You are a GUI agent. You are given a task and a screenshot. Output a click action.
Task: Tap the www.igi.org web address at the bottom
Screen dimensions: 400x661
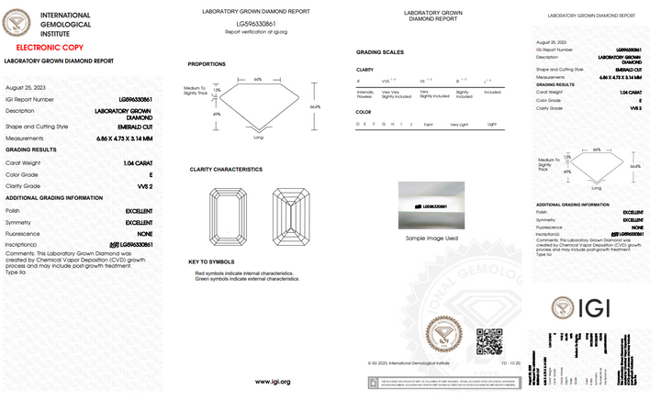pos(273,381)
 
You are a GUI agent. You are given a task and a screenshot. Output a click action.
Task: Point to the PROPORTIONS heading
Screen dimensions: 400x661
pos(207,64)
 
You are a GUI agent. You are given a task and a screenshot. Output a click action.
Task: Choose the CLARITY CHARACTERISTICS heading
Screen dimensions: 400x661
pos(226,170)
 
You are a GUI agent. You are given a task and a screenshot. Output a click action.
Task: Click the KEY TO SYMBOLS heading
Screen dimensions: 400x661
pos(213,261)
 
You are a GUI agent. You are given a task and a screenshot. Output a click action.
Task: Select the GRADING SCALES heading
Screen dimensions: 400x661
pos(379,52)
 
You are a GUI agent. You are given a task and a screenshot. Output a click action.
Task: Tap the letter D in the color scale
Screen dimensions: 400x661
pos(359,123)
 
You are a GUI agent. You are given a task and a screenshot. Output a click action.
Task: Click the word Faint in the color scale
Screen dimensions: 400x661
pos(427,123)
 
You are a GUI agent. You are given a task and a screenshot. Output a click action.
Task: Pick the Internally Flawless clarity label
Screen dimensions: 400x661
pos(364,94)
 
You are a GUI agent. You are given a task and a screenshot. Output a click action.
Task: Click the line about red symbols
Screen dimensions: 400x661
pos(244,273)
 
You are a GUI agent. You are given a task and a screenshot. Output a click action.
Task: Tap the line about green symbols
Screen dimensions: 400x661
pos(247,279)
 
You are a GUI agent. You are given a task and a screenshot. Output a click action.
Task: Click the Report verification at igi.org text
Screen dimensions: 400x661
pos(256,31)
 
